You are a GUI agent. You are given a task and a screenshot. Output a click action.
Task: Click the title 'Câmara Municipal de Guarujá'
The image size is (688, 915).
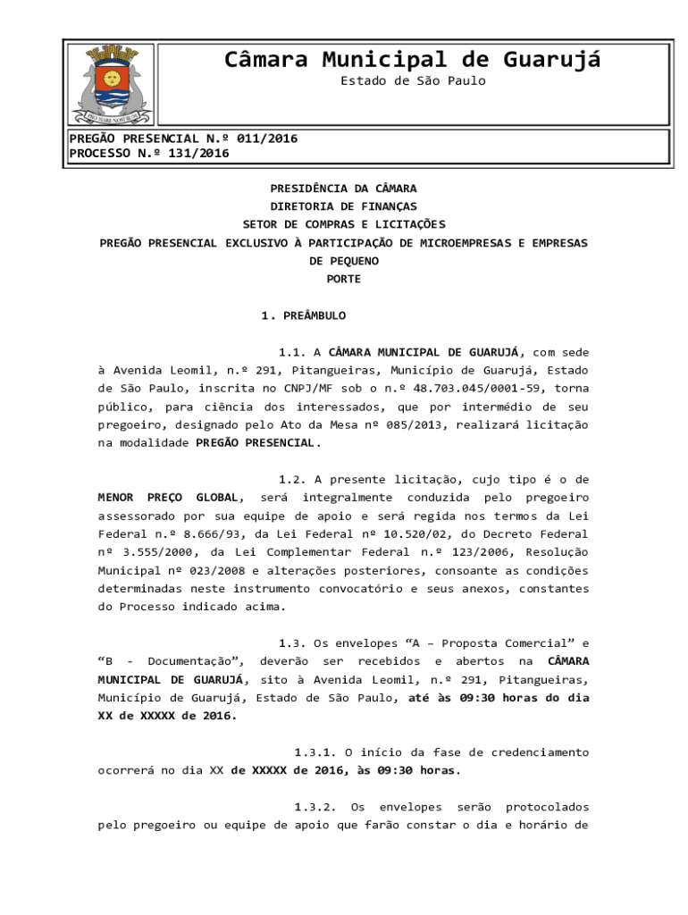tap(412, 60)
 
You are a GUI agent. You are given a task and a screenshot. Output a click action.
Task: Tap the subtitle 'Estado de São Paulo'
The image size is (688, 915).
tap(413, 81)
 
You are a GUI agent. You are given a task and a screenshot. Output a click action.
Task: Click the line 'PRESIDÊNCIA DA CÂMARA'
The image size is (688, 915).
tap(343, 189)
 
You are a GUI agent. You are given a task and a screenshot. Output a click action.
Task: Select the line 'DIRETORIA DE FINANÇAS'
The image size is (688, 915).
tap(343, 206)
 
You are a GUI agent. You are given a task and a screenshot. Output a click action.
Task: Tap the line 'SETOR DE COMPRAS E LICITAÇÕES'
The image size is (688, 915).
tap(343, 224)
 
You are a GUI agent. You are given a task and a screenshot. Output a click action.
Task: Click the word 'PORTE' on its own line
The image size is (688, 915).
tap(343, 279)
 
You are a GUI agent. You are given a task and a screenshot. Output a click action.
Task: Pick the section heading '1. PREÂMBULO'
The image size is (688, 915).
tap(303, 315)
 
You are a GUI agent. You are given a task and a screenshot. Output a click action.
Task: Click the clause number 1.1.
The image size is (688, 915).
tap(293, 352)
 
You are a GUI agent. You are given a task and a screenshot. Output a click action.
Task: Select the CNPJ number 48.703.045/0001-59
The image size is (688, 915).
tap(482, 388)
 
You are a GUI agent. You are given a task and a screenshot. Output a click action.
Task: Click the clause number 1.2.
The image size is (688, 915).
tap(293, 479)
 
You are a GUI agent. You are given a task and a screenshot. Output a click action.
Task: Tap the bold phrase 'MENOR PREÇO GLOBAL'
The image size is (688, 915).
tap(170, 497)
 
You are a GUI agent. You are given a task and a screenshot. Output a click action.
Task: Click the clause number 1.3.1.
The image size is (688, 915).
tap(315, 751)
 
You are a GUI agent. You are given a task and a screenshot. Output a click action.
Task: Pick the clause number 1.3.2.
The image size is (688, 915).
tap(315, 807)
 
